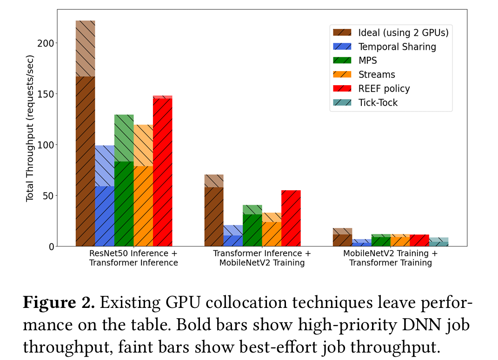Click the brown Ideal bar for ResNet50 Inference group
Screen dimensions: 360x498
[x=85, y=158]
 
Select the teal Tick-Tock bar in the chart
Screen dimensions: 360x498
[x=438, y=242]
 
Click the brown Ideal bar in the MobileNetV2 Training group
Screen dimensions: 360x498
[x=342, y=239]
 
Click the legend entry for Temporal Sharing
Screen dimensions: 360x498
[x=397, y=47]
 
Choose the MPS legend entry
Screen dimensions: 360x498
[x=367, y=60]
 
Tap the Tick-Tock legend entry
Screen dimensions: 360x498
[x=378, y=102]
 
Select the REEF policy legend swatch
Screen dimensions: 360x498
[x=342, y=88]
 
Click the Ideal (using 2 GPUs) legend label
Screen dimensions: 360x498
[x=403, y=33]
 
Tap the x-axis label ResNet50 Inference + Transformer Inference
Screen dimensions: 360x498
[x=133, y=258]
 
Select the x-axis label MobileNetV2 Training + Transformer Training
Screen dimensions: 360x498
[x=390, y=258]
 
